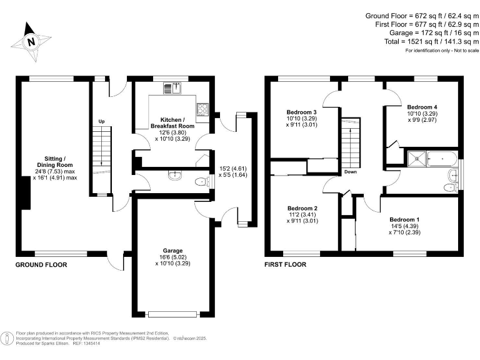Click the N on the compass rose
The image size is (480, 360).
coord(31,42)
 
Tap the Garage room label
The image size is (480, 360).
coord(172,251)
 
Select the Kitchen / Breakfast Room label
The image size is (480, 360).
coord(172,122)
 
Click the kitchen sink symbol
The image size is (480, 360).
coord(172,89)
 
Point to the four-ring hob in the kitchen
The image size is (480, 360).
coord(202,109)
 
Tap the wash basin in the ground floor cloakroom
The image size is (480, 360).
coord(175,175)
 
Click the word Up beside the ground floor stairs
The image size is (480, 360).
coord(102,121)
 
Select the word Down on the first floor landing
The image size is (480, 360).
coord(351,172)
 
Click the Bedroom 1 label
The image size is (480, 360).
coord(404,219)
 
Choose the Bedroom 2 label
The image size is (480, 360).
coord(302,208)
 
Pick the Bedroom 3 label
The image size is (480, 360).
coord(301,112)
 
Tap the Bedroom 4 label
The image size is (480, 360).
coord(422,107)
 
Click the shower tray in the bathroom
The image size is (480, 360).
coord(417,159)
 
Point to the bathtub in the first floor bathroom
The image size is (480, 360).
coord(442,159)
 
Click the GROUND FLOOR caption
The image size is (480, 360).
coord(41,265)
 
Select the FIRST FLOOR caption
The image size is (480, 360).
coord(285,264)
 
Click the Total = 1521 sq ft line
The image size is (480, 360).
coord(432,41)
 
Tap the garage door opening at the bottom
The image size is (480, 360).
coord(172,314)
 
